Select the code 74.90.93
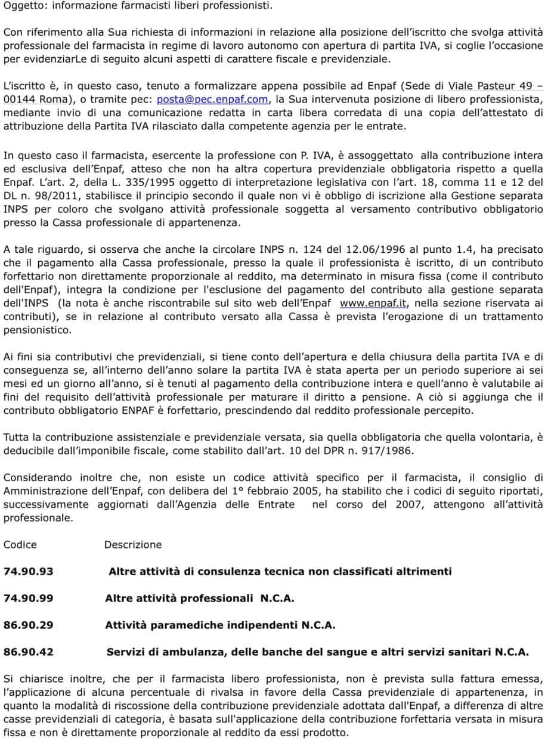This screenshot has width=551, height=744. (x=28, y=571)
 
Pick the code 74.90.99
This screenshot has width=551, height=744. (x=28, y=598)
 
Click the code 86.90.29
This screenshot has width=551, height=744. (x=28, y=625)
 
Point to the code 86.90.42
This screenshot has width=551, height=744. (x=28, y=652)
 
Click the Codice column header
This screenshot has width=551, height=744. (x=20, y=544)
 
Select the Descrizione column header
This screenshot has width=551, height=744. (x=132, y=544)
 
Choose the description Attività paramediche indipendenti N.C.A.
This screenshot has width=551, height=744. (x=220, y=625)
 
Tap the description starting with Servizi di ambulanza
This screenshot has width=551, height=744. (x=317, y=652)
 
